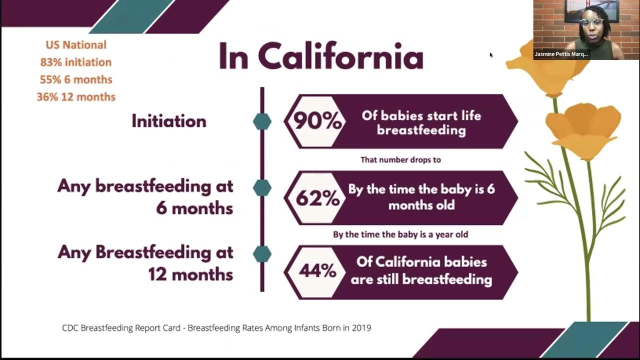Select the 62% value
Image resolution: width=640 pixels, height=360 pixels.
click(x=317, y=198)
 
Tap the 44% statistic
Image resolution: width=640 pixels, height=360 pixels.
click(x=317, y=271)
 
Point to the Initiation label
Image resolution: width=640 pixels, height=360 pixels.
click(x=168, y=121)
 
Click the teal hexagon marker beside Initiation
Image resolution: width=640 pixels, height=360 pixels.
click(x=262, y=121)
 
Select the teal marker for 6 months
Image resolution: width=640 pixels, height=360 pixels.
click(x=262, y=188)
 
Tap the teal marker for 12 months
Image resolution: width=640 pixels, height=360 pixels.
click(x=262, y=254)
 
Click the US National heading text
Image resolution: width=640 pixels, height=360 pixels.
click(x=76, y=45)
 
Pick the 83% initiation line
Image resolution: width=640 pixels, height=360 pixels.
click(x=76, y=62)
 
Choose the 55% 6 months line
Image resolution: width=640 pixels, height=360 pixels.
click(x=76, y=79)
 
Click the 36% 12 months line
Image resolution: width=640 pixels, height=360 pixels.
click(x=76, y=97)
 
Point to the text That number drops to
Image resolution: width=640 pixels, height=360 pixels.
click(x=400, y=160)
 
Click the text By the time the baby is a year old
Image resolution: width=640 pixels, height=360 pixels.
click(x=400, y=234)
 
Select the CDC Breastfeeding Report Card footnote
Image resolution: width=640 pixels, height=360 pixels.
click(x=216, y=328)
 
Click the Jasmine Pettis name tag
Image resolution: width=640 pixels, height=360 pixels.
click(x=561, y=54)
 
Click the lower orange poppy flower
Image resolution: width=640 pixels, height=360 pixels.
click(x=582, y=130)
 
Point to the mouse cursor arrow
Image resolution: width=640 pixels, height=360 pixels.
click(x=491, y=55)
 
